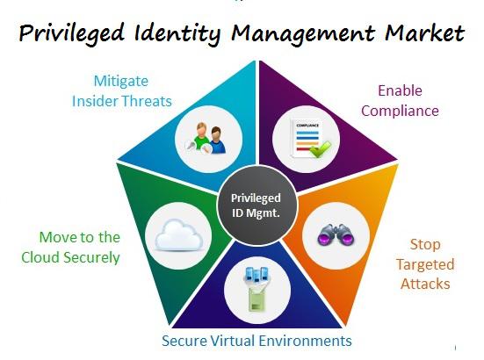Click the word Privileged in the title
click(x=71, y=33)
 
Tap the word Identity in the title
click(x=177, y=33)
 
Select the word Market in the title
click(x=425, y=32)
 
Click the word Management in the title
click(x=303, y=34)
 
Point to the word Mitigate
click(x=121, y=82)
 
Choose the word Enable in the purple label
click(x=400, y=90)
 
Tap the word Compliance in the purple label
click(x=400, y=111)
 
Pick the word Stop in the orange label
click(x=425, y=245)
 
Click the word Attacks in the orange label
click(x=425, y=284)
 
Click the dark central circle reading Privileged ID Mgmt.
click(x=256, y=205)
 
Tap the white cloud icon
click(x=178, y=235)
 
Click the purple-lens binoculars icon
click(x=336, y=235)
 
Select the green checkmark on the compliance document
click(x=321, y=149)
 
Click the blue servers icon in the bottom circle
click(x=256, y=275)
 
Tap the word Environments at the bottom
click(x=305, y=342)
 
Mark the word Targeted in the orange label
click(x=425, y=265)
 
